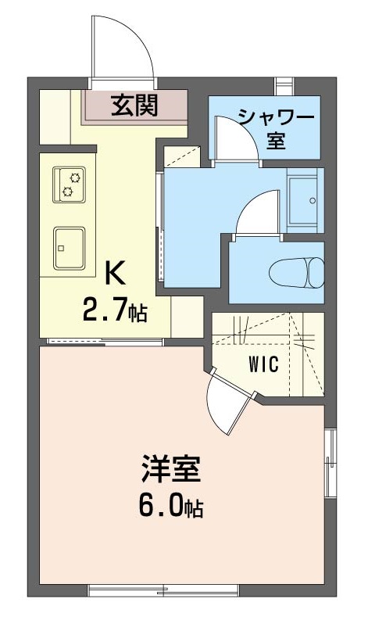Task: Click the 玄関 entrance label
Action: pos(134,105)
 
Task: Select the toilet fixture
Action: pos(296,273)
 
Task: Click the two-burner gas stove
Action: pos(69,184)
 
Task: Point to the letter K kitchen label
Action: pos(114,274)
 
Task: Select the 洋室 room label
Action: pos(171,471)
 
